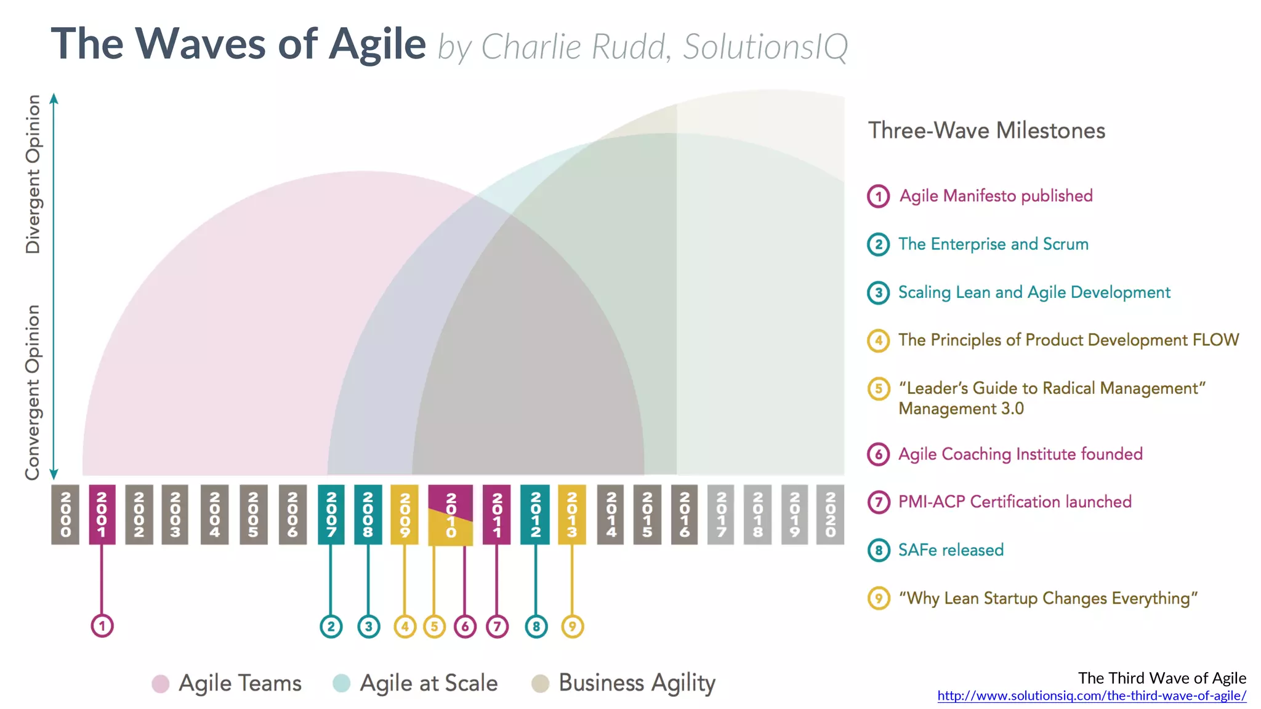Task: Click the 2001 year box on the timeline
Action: [102, 515]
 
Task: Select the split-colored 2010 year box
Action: [451, 515]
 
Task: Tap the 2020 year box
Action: [830, 515]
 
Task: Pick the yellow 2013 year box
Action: [571, 515]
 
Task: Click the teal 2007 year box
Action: [331, 515]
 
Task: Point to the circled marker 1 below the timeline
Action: [102, 626]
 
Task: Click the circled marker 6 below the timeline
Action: [465, 627]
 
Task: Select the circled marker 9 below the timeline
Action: [572, 627]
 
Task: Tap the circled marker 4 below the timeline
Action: [405, 627]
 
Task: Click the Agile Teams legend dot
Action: [161, 684]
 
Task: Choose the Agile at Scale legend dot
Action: [341, 683]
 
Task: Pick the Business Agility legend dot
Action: [540, 683]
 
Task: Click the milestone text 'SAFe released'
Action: [951, 550]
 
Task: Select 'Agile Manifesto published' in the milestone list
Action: [996, 196]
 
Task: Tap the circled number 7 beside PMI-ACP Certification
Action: [879, 502]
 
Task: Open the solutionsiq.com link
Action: [1092, 696]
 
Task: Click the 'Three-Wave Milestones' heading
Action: [986, 130]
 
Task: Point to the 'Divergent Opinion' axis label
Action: [33, 174]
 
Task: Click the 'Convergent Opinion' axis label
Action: [33, 392]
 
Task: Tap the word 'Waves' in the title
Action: [201, 44]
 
